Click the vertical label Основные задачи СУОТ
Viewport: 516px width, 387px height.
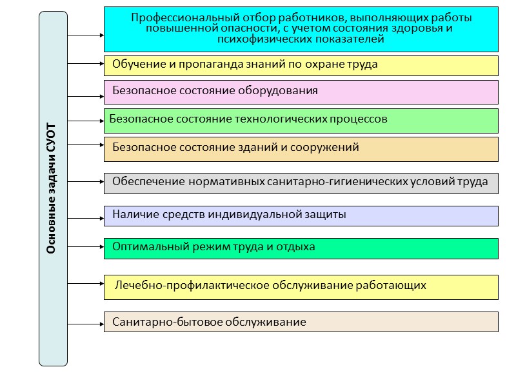click(52, 188)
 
